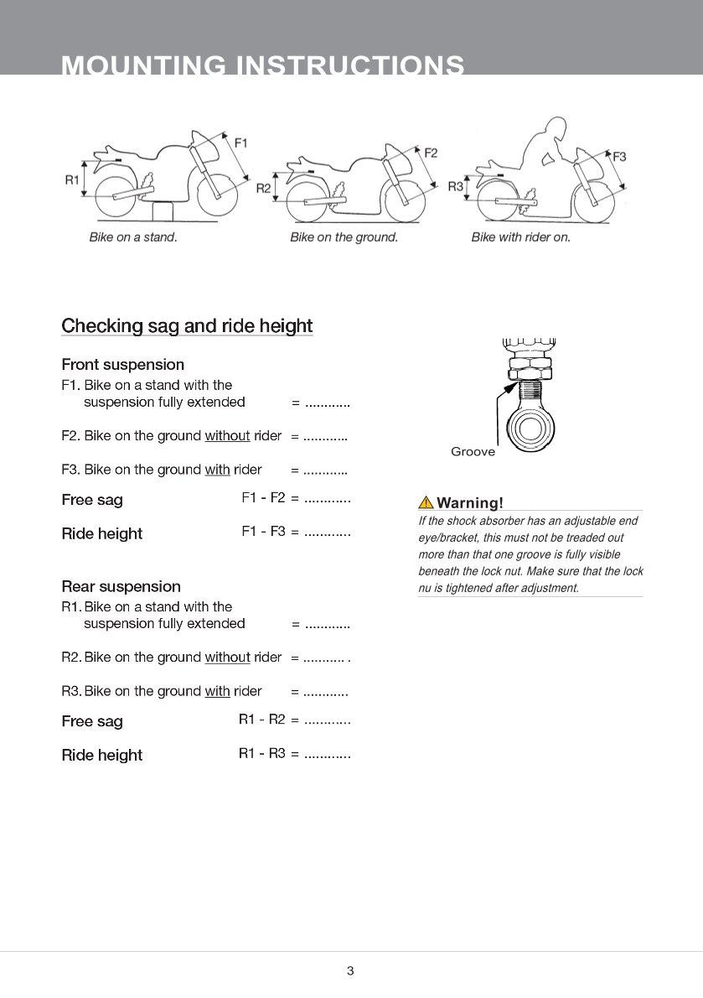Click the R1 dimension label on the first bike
[x=72, y=179]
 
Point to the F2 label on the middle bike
[x=431, y=153]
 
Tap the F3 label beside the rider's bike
[x=619, y=156]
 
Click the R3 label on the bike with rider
[x=455, y=186]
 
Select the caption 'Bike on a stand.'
[x=133, y=237]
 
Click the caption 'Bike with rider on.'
[x=520, y=237]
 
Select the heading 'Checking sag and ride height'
[x=187, y=326]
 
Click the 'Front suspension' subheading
[x=122, y=365]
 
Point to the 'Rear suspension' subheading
[x=121, y=586]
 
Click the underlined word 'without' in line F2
[x=227, y=436]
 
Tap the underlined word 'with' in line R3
[x=217, y=691]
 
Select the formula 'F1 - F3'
[x=263, y=532]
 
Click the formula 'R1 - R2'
[x=261, y=720]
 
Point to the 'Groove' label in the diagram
[x=473, y=452]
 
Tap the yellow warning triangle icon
[x=426, y=503]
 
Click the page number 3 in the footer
[x=350, y=971]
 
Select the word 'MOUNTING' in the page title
[x=143, y=65]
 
